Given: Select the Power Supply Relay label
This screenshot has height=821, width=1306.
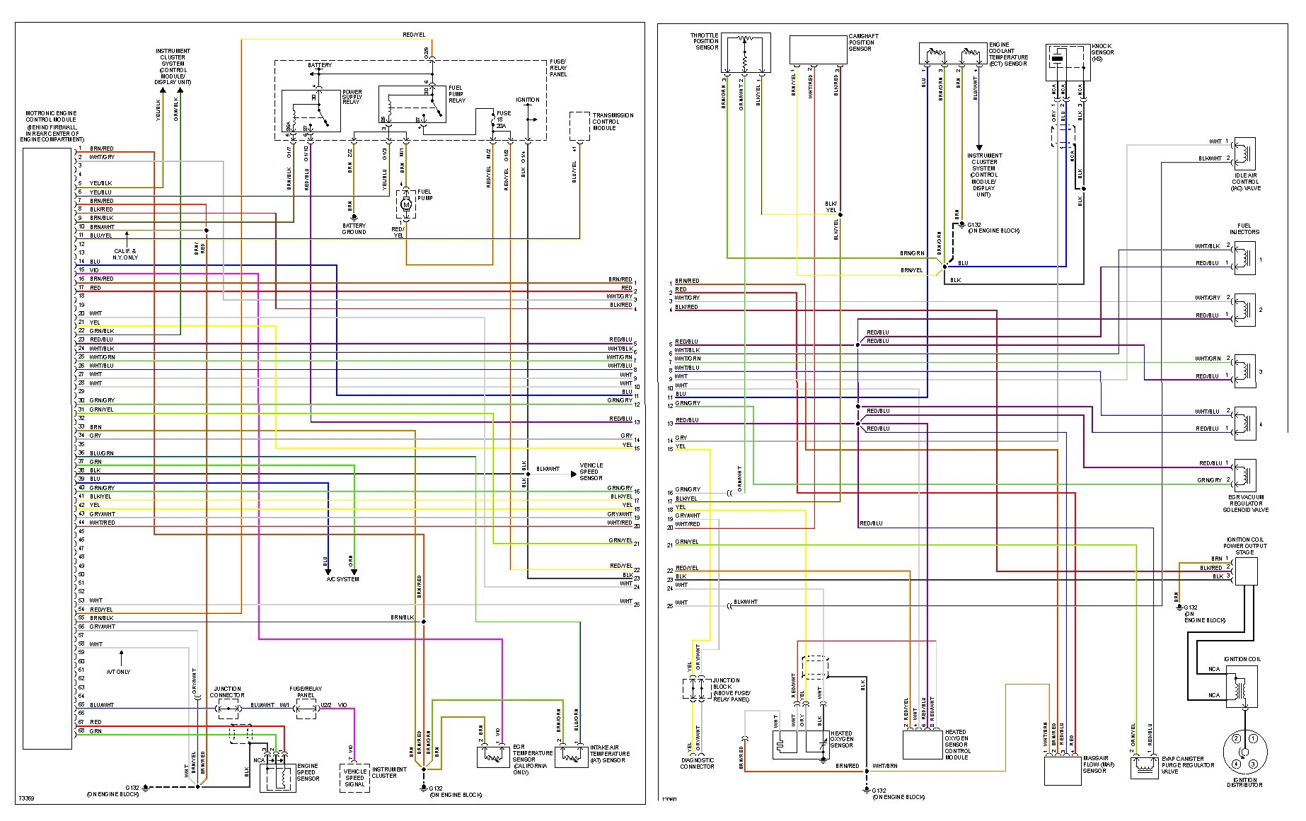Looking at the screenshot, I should click(x=352, y=97).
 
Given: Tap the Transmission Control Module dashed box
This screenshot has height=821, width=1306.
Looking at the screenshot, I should click(x=579, y=126).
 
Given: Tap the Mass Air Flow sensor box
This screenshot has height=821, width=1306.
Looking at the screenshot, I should click(x=1063, y=770).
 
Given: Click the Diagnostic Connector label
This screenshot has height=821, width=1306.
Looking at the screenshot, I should click(x=697, y=763).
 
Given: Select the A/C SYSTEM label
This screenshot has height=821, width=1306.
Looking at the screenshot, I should click(x=342, y=579).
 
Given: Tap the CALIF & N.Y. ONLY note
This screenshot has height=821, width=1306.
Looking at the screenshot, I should click(x=125, y=254).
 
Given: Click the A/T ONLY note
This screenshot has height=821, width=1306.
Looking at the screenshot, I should click(x=118, y=672).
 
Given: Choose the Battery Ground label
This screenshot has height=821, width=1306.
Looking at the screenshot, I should click(x=354, y=228).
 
